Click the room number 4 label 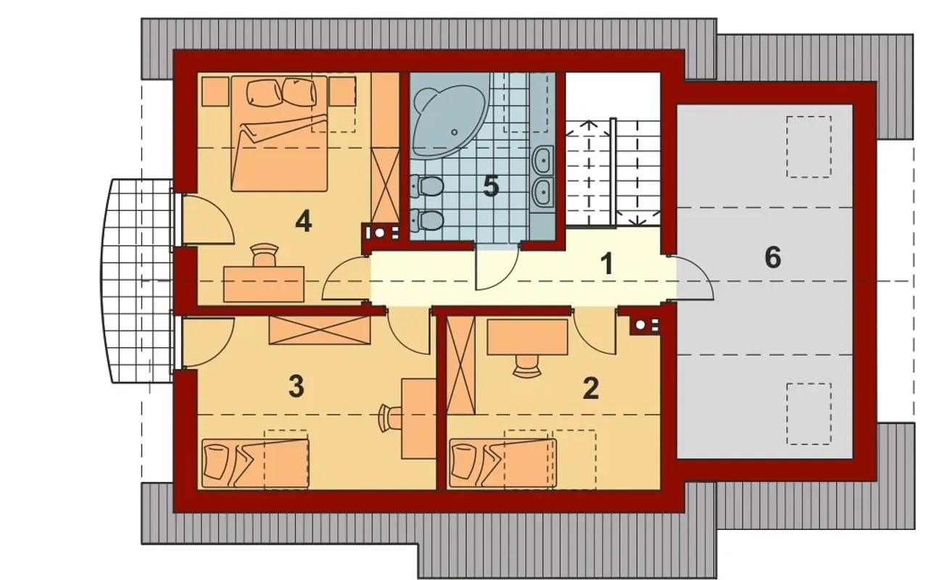coord(304,222)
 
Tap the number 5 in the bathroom coord(491,186)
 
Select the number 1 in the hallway coord(607,263)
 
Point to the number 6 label coord(773,257)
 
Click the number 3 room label coord(297,386)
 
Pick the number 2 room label coord(590,388)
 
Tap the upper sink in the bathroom coord(543,159)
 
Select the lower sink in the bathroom coord(543,192)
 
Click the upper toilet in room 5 coord(427,186)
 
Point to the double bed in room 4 coord(279,133)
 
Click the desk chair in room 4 coord(265,254)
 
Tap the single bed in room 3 coord(255,463)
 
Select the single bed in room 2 coord(503,463)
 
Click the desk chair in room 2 coord(526,366)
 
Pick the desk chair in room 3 coord(390,417)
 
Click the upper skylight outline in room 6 coord(808,147)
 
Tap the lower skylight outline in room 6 coord(808,414)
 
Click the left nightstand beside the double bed coord(215,91)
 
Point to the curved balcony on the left coord(137,281)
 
